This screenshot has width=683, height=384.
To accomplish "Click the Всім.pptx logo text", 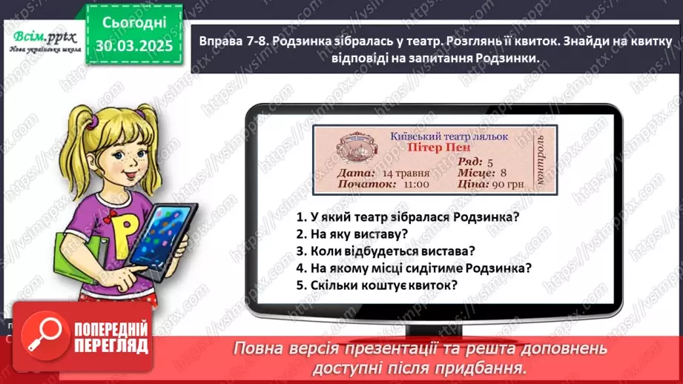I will pos(39,35).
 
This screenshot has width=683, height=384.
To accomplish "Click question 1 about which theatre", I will pos(407,217).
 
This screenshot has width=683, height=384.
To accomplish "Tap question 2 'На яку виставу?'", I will pos(352,234).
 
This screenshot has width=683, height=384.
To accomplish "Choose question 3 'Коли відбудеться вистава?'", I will pos(386,251).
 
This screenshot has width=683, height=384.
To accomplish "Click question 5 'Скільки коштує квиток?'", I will pos(377,285).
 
